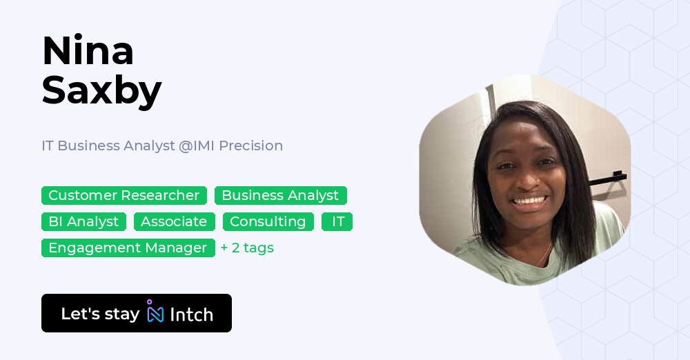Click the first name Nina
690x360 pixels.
[88, 51]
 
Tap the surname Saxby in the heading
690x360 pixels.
[101, 90]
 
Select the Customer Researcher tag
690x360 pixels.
[124, 196]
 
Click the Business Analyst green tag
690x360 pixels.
[280, 196]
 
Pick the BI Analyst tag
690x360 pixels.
[83, 222]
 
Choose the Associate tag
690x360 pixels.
[174, 222]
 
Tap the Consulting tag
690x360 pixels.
[268, 222]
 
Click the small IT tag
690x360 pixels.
[337, 222]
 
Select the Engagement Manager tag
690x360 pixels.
[128, 248]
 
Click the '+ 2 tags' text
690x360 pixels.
[247, 248]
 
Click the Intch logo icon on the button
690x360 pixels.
[155, 312]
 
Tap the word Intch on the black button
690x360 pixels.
[191, 314]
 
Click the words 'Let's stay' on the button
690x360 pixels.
[100, 314]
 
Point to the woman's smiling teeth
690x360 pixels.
[529, 202]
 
